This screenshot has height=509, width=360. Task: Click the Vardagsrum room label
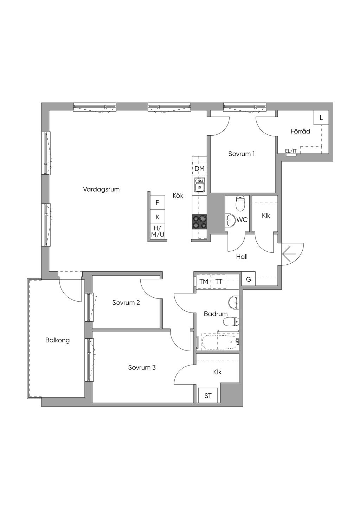pyautogui.click(x=101, y=189)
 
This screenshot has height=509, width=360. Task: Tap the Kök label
pyautogui.click(x=178, y=196)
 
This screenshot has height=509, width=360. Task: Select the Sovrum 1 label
pyautogui.click(x=241, y=154)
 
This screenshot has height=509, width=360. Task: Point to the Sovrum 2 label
pyautogui.click(x=126, y=302)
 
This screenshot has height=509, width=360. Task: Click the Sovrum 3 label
pyautogui.click(x=142, y=368)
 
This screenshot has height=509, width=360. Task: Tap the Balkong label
pyautogui.click(x=57, y=340)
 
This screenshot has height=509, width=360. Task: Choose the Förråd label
pyautogui.click(x=300, y=131)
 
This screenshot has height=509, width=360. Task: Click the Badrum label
pyautogui.click(x=216, y=314)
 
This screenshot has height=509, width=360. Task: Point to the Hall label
pyautogui.click(x=242, y=257)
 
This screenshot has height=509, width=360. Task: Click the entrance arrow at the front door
pyautogui.click(x=289, y=253)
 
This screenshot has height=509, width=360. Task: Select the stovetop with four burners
pyautogui.click(x=200, y=222)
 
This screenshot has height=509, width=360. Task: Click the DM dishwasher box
pyautogui.click(x=199, y=169)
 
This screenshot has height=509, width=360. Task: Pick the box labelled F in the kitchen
pyautogui.click(x=157, y=202)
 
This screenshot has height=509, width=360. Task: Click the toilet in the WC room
pyautogui.click(x=240, y=202)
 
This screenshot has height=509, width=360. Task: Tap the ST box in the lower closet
pyautogui.click(x=208, y=395)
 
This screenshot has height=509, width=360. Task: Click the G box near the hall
pyautogui.click(x=249, y=279)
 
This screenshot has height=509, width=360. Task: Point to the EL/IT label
pyautogui.click(x=291, y=151)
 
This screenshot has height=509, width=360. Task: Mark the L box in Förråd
pyautogui.click(x=321, y=118)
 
